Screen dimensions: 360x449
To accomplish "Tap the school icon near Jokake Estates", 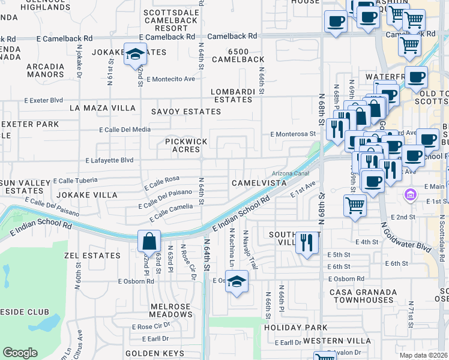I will (x=136, y=54).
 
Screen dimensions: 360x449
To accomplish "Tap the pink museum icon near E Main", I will (x=410, y=194).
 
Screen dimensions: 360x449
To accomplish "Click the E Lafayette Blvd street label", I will (x=109, y=160).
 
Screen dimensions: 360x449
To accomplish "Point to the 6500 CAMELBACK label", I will (x=246, y=55).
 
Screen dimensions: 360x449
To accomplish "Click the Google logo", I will (x=20, y=352).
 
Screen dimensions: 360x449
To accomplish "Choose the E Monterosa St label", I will (x=293, y=134).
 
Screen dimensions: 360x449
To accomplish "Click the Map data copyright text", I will (x=423, y=355).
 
